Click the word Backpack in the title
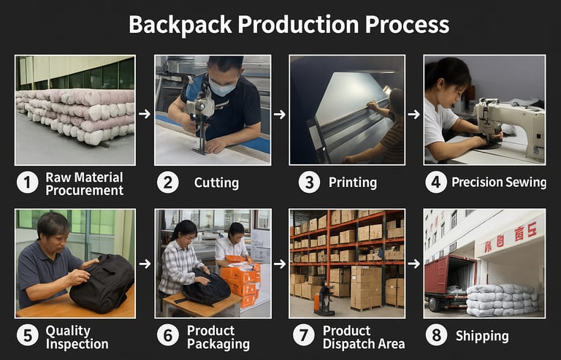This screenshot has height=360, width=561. tap(180, 25)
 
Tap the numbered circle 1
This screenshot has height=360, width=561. tap(28, 183)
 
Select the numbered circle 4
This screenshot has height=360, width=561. tap(436, 183)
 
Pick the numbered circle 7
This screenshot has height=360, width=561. tap(303, 335)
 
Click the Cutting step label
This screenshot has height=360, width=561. tap(216, 183)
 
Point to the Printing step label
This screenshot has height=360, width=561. tap(353, 183)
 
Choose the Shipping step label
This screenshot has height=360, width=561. tap(482, 336)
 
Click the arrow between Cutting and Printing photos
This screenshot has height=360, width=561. tap(280, 115)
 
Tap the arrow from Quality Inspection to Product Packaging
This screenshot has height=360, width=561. tap(145, 264)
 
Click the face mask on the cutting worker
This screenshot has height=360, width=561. tap(222, 88)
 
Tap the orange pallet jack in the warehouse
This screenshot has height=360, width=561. tap(324, 299)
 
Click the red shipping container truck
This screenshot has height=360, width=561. tap(450, 283)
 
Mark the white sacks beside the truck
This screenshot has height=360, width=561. tap(502, 299)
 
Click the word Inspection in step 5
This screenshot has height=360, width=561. tap(77, 344)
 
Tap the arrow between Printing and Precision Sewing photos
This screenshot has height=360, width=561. tap(414, 115)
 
